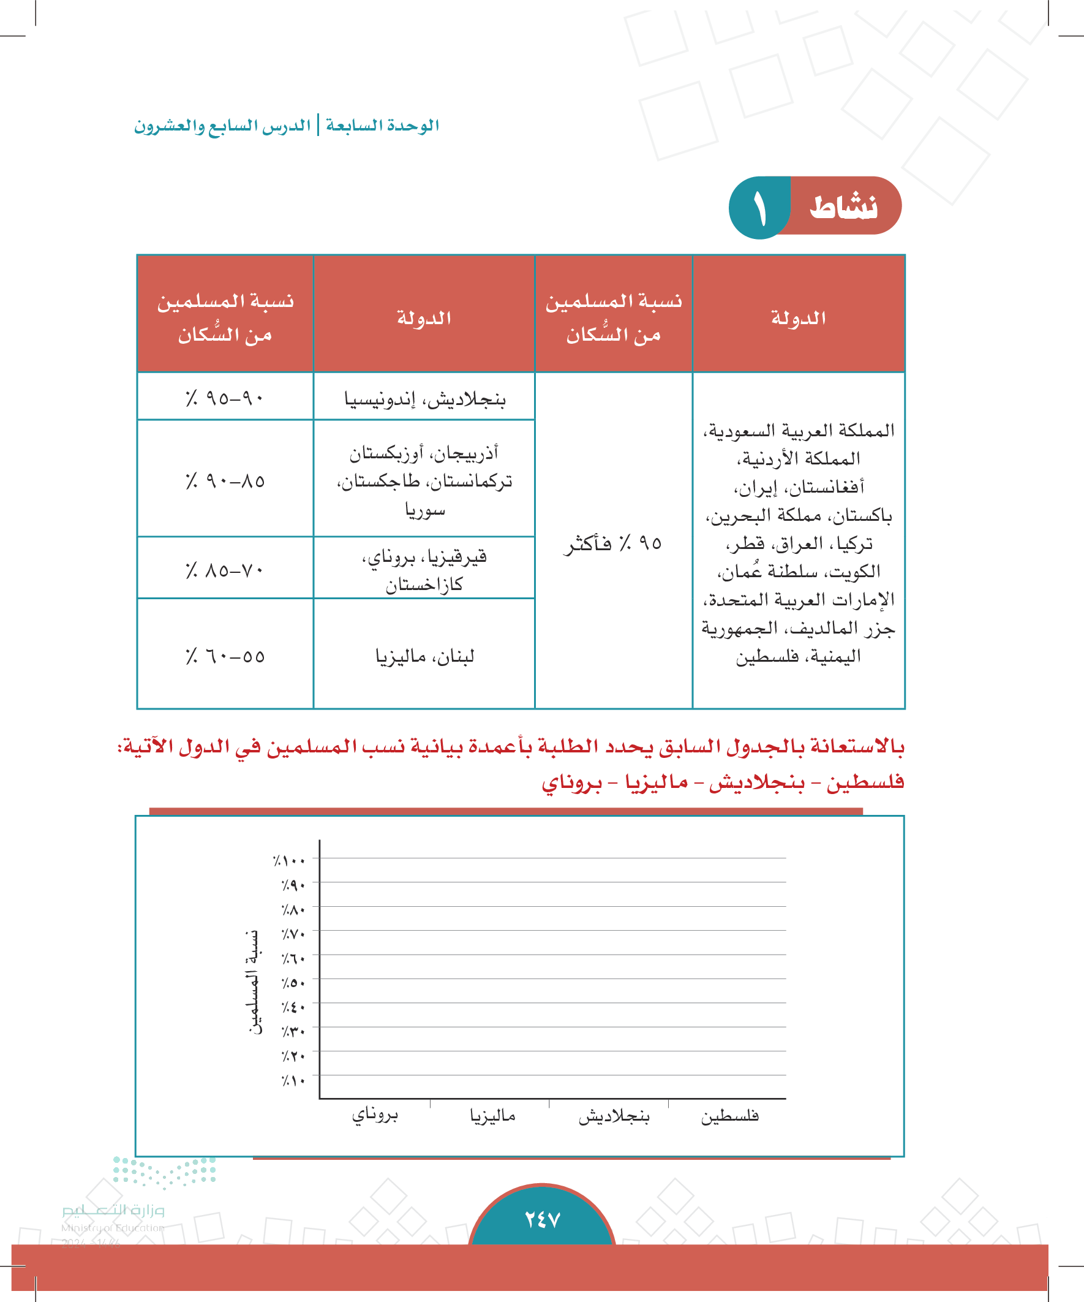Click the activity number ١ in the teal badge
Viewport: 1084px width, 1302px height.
pos(760,208)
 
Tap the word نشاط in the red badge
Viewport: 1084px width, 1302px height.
pos(843,207)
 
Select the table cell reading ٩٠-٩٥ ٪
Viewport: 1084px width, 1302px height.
pos(225,398)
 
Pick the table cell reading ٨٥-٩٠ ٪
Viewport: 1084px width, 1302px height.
pos(225,480)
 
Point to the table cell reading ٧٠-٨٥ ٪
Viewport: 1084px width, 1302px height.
pos(225,569)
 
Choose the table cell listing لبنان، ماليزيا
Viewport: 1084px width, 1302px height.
pos(424,656)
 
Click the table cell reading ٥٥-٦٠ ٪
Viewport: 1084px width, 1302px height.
pos(225,656)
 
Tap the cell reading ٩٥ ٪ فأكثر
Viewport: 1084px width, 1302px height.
pos(613,543)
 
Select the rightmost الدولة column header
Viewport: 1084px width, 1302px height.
pos(798,317)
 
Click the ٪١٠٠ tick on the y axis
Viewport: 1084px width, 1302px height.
pos(290,861)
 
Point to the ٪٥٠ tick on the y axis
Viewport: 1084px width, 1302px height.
pos(293,983)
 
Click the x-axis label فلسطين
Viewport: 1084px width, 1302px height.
pos(729,1116)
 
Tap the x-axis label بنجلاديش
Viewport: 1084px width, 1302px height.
pos(614,1116)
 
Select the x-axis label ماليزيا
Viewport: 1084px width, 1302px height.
pos(493,1116)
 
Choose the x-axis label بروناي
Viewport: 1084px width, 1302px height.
pos(375,1115)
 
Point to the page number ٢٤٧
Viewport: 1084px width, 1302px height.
pos(543,1219)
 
